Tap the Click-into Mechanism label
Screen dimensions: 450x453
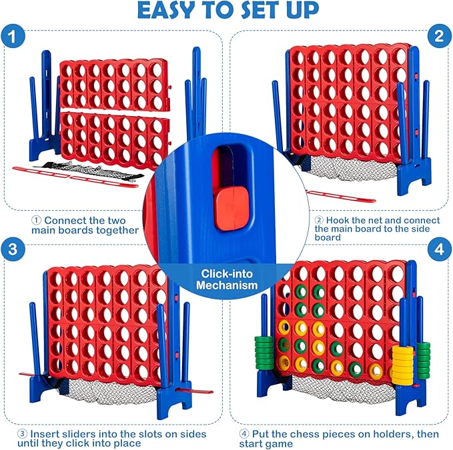(x=226, y=279)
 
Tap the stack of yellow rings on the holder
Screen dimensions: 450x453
(x=402, y=360)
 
